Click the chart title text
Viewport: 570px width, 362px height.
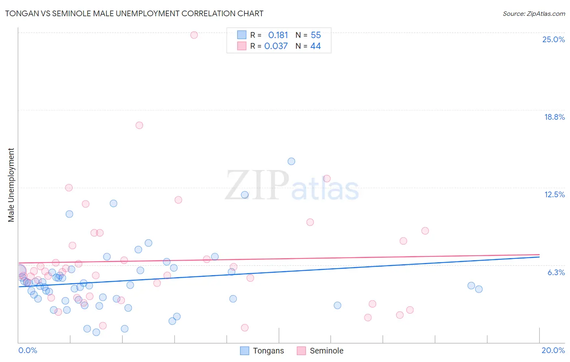134,13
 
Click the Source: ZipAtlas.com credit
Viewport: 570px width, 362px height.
534,13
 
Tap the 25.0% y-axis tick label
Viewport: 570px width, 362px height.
553,39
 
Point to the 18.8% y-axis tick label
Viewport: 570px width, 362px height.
554,117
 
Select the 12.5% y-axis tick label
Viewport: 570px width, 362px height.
554,194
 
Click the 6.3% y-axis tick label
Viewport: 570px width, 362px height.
556,272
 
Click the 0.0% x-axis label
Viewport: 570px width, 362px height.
28,350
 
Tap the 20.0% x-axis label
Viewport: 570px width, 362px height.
553,350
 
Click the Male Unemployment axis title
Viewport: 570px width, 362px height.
11,185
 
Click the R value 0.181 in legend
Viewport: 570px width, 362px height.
278,35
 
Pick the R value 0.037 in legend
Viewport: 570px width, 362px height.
276,46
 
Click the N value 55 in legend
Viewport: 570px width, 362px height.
315,35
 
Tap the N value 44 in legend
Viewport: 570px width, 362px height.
315,46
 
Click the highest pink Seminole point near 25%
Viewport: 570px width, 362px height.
194,35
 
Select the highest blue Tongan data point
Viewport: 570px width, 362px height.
291,161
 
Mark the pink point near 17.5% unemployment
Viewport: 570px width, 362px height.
139,125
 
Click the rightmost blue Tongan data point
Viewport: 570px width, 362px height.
478,289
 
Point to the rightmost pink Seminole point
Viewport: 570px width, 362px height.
425,231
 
